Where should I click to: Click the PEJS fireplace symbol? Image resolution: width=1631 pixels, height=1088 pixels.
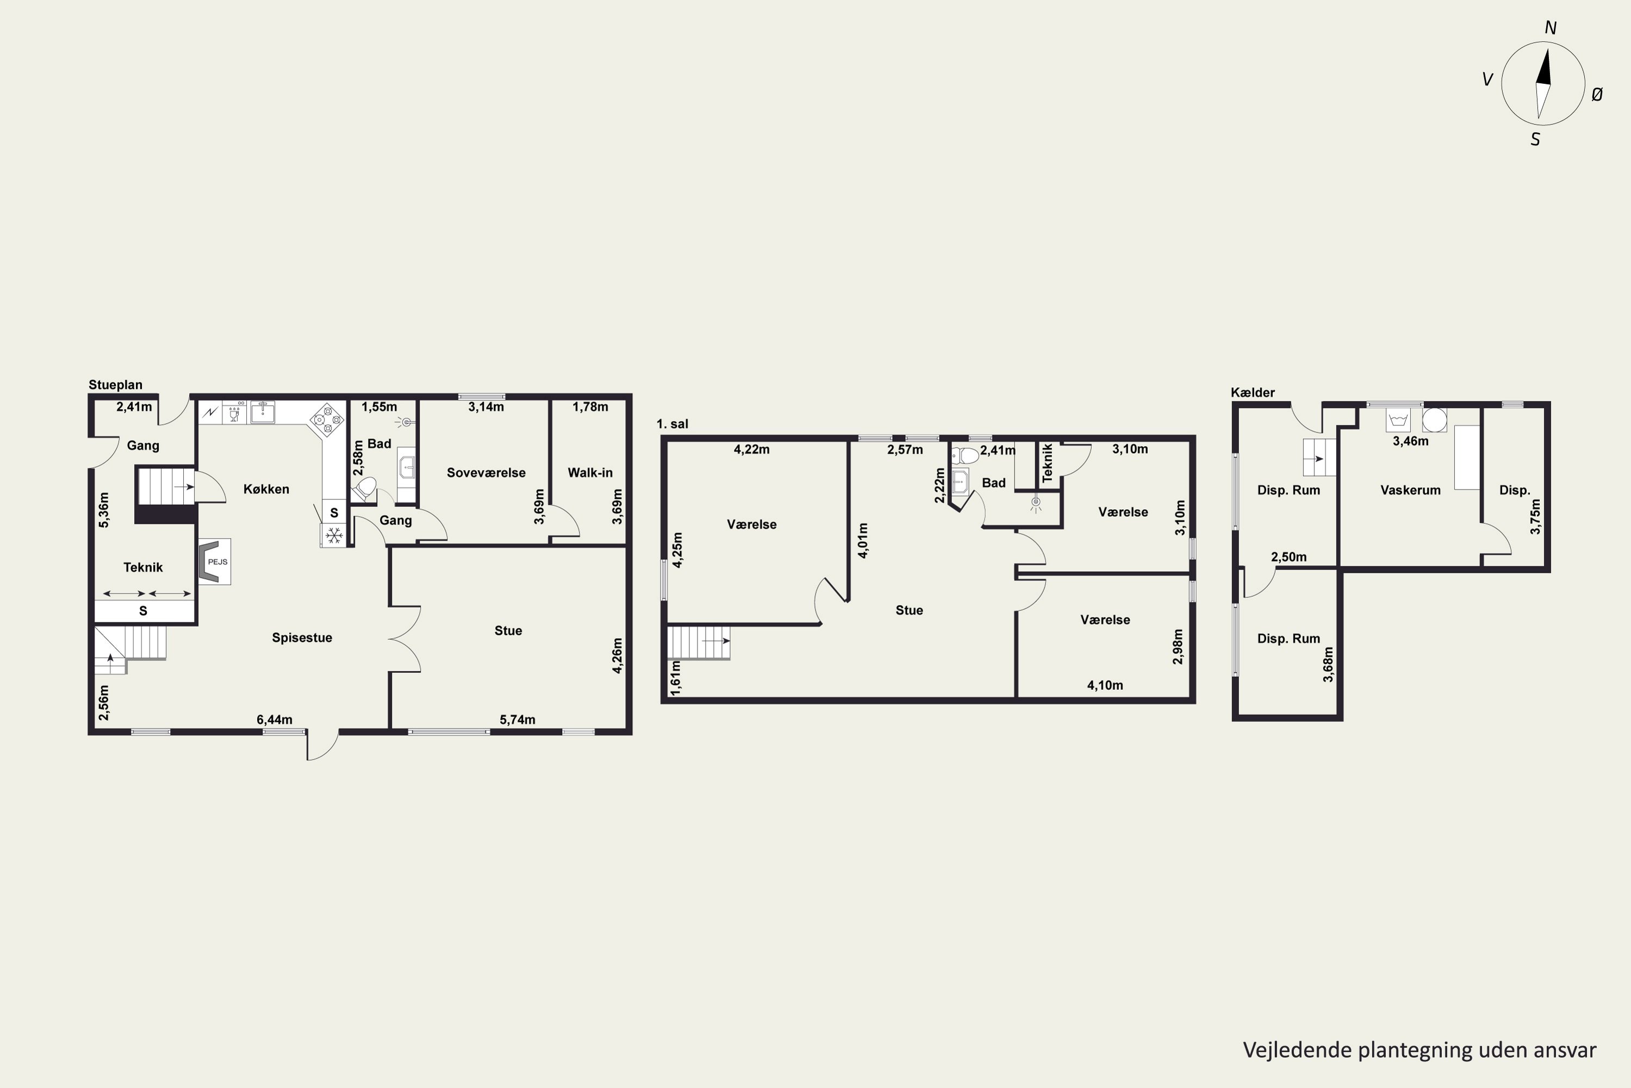214,561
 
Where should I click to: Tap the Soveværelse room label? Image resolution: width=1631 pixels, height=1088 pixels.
486,473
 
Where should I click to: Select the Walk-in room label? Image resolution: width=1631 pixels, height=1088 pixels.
590,473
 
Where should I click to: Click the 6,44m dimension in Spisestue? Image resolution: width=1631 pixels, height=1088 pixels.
275,720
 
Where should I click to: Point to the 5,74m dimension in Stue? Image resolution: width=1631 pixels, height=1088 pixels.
518,720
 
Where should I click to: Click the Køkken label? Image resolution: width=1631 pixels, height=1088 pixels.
266,489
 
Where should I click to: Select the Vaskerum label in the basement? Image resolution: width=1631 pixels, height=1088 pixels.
1410,490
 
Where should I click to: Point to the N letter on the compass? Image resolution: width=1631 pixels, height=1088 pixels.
1551,28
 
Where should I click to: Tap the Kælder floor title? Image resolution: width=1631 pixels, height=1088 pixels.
1253,392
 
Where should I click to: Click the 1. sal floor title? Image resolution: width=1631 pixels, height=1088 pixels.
673,424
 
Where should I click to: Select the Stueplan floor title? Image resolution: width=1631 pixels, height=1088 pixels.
116,385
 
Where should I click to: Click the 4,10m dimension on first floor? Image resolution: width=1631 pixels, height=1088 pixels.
1105,685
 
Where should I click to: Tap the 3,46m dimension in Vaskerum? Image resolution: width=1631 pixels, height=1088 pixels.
1410,441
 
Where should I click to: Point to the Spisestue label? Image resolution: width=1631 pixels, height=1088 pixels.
302,638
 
